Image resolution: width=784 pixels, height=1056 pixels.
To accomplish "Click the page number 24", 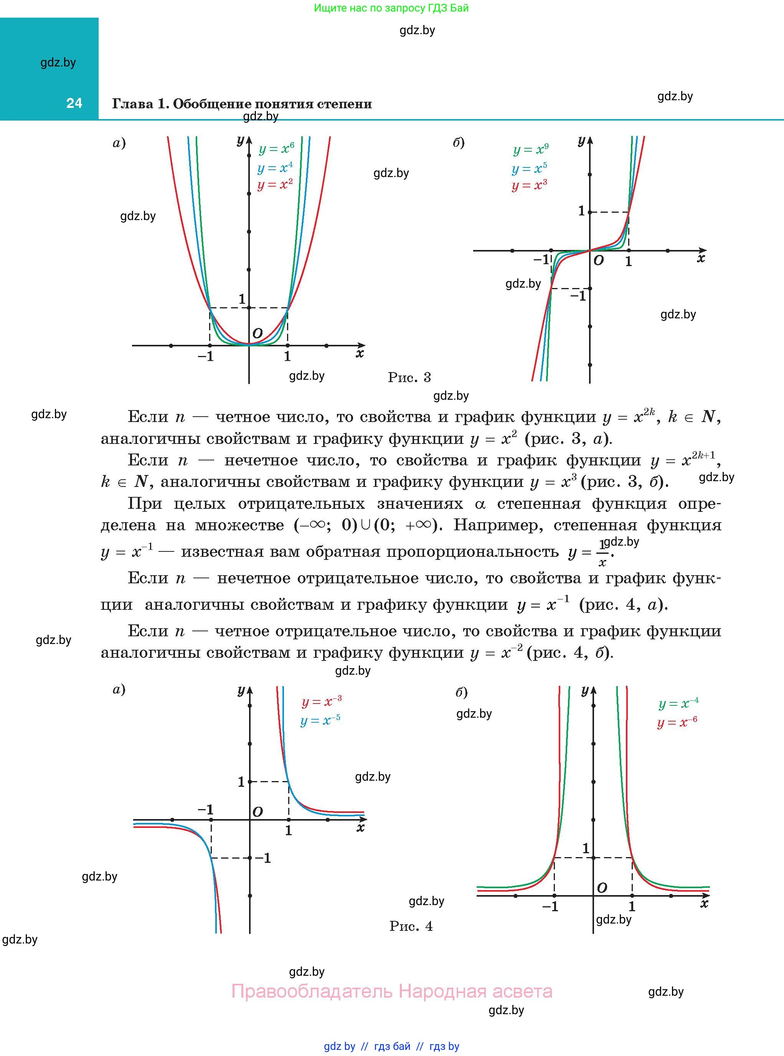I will tap(74, 103).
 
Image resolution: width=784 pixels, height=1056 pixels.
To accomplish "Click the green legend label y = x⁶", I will tap(276, 149).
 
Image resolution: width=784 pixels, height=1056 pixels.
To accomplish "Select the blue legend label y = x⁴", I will tap(275, 168).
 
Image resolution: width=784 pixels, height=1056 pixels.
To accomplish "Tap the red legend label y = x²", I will tap(275, 184).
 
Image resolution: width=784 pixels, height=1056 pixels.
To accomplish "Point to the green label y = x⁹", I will tap(531, 150).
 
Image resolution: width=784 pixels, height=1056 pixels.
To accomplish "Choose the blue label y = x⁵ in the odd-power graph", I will tap(529, 169).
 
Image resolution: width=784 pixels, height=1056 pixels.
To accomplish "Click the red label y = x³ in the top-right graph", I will tap(529, 185).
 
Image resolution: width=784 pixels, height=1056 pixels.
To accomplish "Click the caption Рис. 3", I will tap(409, 377).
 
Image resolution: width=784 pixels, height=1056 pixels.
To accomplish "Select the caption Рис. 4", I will tap(411, 926).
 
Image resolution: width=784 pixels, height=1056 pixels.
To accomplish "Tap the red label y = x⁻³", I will tap(321, 702).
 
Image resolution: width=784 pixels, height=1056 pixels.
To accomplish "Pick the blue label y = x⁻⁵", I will tap(320, 721).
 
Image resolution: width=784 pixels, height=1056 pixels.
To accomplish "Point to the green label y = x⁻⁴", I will tap(678, 704).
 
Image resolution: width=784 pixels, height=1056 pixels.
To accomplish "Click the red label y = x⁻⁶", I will tap(677, 723).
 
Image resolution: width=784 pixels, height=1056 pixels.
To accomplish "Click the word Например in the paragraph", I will tap(497, 525).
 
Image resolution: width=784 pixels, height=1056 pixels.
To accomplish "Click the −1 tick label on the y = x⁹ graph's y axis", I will tap(578, 296).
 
